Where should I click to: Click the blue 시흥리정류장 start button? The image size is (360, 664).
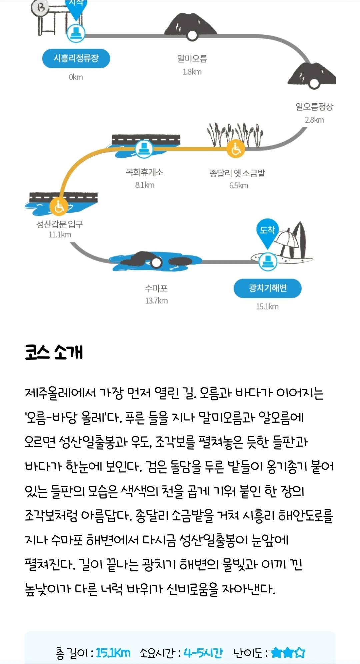click(x=76, y=58)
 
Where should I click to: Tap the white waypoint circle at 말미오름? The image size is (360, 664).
click(x=192, y=35)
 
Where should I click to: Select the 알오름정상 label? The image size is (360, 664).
click(x=314, y=107)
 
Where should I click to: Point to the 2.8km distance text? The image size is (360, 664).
click(x=314, y=120)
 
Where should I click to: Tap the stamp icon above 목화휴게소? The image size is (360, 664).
click(x=144, y=148)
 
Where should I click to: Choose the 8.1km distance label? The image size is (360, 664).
click(x=145, y=185)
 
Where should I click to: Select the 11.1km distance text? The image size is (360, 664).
click(x=60, y=235)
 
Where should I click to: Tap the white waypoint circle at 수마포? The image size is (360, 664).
click(x=156, y=263)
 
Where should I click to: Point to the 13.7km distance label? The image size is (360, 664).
click(x=156, y=301)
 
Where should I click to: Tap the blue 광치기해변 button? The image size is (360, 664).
click(x=267, y=288)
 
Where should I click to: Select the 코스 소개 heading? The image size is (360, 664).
click(x=54, y=352)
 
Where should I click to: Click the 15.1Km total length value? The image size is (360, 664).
click(x=113, y=653)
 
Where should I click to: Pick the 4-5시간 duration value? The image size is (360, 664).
click(x=203, y=653)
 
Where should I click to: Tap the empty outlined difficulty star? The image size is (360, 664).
click(x=300, y=652)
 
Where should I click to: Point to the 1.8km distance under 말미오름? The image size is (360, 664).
click(x=192, y=72)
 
